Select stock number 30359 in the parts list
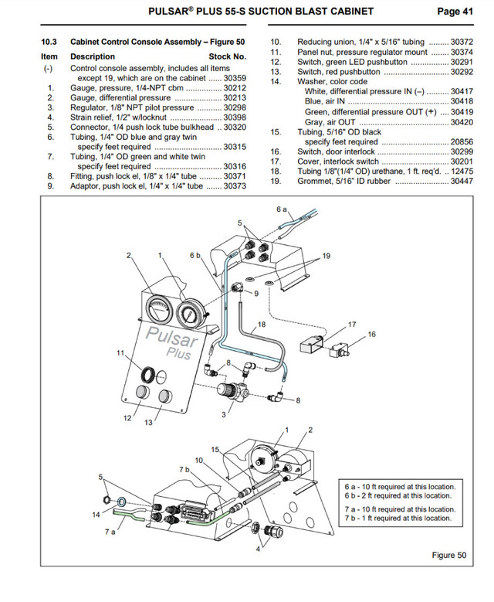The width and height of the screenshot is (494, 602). [235, 78]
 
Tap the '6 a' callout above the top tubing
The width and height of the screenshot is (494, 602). [281, 209]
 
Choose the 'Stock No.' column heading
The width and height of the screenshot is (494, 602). [228, 56]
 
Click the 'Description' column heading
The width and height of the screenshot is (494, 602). [93, 56]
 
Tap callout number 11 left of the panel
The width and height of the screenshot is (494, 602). [120, 352]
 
